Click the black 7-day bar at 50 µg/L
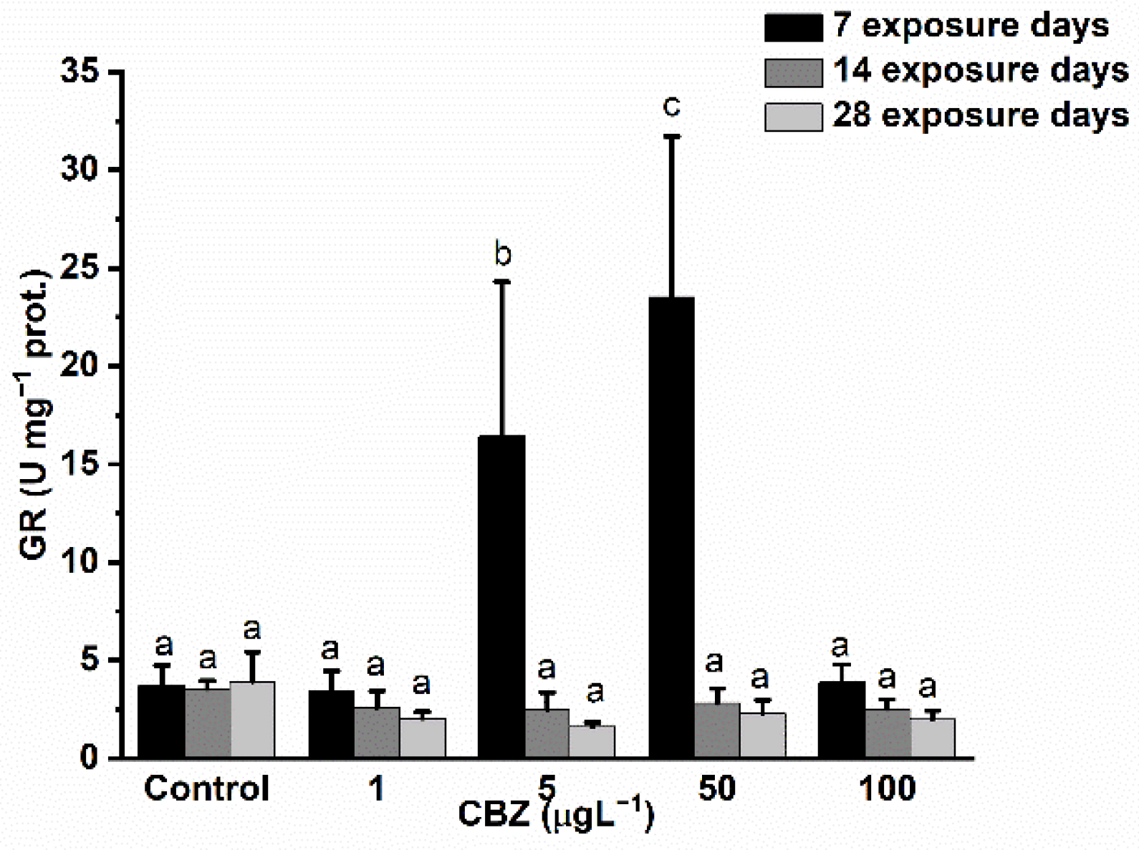click(x=671, y=526)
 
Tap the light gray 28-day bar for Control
click(x=252, y=719)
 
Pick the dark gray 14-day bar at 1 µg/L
click(x=377, y=732)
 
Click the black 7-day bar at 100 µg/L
click(x=841, y=719)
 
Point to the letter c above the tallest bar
click(x=671, y=107)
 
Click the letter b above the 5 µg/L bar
click(x=503, y=254)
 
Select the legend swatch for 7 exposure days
click(x=793, y=28)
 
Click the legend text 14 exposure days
click(x=980, y=70)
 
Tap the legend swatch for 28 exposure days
click(x=793, y=117)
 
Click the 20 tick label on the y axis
click(x=80, y=367)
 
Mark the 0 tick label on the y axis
click(x=89, y=758)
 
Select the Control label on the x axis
click(x=206, y=788)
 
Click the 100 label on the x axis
click(x=887, y=788)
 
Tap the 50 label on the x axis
click(x=716, y=788)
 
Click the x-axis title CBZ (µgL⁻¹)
click(x=556, y=815)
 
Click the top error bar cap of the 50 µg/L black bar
click(x=671, y=136)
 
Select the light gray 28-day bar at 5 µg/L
click(x=592, y=741)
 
